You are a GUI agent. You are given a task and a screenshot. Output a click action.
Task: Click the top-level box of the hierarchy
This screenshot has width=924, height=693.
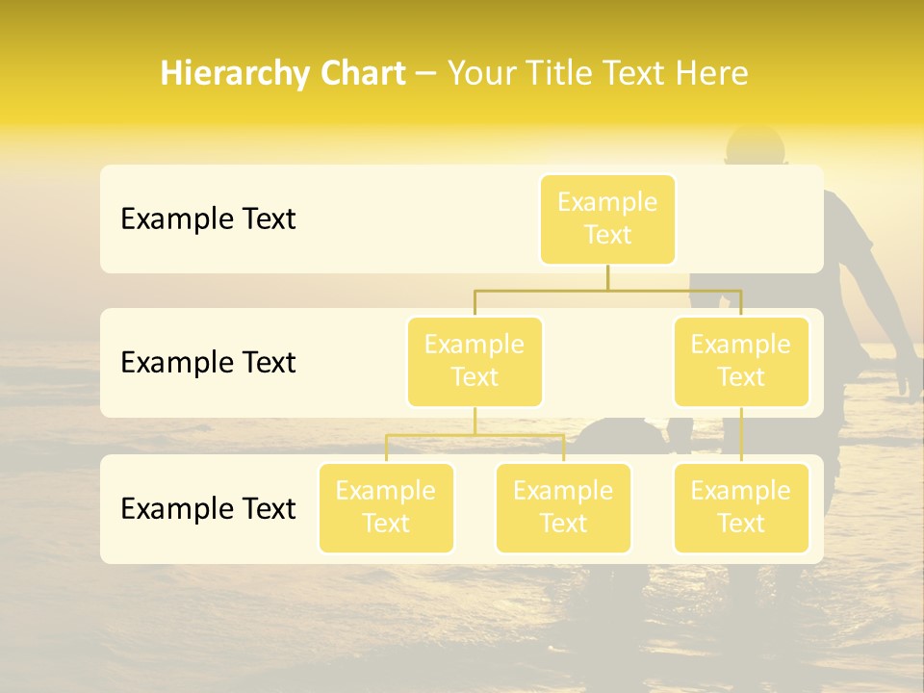[607, 218]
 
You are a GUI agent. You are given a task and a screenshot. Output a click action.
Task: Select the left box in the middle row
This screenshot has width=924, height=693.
[475, 361]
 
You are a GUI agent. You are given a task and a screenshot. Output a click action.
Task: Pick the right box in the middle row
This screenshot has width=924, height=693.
[741, 361]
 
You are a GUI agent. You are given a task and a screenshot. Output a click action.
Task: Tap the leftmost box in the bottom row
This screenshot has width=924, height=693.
[386, 507]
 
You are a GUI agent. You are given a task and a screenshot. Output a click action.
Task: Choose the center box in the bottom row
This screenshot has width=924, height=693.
[563, 507]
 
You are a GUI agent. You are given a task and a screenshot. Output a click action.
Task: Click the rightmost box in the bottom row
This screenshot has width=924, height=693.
[741, 507]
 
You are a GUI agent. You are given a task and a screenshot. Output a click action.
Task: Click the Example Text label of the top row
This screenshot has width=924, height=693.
[208, 219]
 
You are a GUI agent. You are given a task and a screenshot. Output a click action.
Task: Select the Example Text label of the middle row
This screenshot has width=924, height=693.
[208, 363]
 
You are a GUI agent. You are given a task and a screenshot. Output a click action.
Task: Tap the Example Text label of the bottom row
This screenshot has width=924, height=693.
[208, 509]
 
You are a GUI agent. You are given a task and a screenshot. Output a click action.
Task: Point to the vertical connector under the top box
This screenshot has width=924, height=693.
[607, 277]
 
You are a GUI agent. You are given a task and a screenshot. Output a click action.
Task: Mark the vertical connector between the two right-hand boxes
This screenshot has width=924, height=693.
[741, 435]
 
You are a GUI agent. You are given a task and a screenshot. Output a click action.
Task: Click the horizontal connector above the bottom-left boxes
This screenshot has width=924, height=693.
[475, 435]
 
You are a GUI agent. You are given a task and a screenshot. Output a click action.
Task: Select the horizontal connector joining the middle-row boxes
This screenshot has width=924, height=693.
[607, 290]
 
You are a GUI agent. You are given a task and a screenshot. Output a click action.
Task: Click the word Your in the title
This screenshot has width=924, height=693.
[477, 74]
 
